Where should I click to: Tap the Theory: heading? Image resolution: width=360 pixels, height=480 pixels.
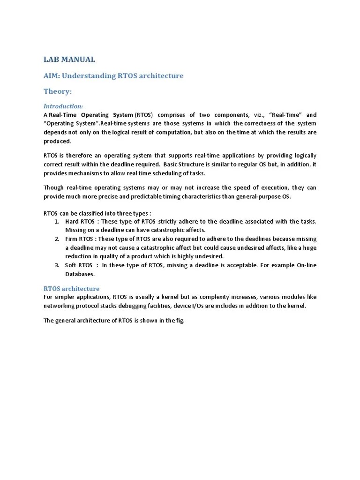coord(58,91)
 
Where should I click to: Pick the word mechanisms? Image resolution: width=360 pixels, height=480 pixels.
coord(87,173)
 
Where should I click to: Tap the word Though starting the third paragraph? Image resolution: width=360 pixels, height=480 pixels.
coord(54,188)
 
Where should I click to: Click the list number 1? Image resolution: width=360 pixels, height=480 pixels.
coord(56,221)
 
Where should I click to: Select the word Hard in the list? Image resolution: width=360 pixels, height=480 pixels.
coord(72,221)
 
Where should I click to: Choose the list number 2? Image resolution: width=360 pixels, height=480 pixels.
coord(56,239)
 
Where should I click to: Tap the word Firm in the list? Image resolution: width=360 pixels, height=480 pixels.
coord(72,239)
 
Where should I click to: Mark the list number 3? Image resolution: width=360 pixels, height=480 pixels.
coord(56,265)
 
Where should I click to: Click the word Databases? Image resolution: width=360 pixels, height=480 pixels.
coord(80,274)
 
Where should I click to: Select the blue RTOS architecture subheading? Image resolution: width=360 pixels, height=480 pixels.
coord(71,289)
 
